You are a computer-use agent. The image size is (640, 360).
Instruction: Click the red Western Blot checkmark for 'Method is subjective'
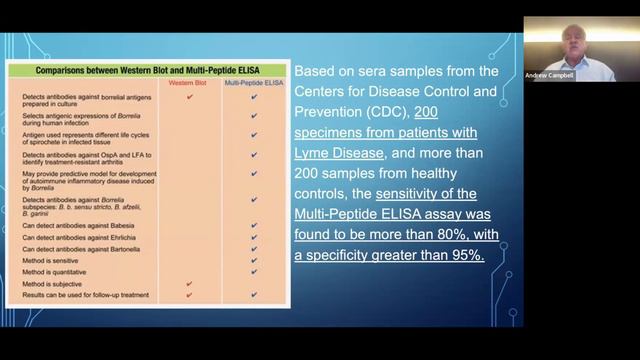point(189,284)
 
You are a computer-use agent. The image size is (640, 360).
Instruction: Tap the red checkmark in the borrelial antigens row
point(189,97)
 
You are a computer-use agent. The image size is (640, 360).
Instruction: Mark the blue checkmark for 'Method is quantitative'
point(254,271)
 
